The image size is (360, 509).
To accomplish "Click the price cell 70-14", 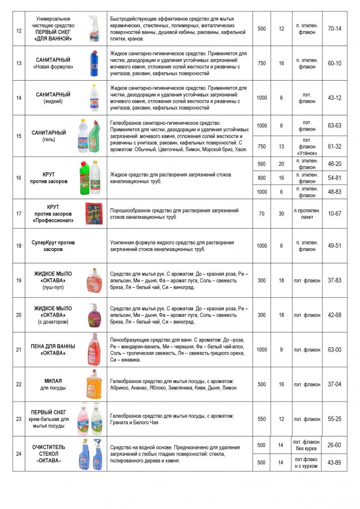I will point(334,28).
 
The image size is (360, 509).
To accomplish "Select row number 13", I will point(19,63).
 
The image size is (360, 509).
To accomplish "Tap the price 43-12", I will point(334,97).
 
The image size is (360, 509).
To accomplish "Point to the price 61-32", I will point(334,146).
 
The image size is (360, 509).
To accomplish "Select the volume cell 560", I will point(261,164).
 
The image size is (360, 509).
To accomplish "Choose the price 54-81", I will point(334,178).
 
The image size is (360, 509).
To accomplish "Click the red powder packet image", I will point(93,213).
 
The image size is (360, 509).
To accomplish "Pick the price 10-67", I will point(334,213).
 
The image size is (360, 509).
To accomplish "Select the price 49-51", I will point(334,246).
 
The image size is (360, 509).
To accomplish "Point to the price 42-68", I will point(334,315).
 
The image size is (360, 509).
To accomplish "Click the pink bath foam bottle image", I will point(93,349).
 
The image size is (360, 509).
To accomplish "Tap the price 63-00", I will point(334,349).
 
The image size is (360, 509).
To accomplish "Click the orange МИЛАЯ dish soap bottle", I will point(93,384).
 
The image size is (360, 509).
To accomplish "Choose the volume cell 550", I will point(261,419).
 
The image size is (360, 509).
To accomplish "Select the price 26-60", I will point(334,445).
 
